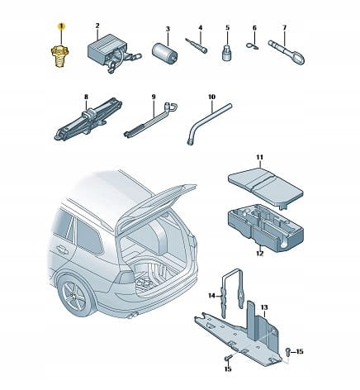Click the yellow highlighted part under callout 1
[59, 56]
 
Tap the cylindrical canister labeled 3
[164, 51]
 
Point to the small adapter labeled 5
[226, 54]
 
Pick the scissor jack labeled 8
[88, 119]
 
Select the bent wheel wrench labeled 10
[209, 123]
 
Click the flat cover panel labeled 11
[266, 188]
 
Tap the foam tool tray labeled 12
[266, 230]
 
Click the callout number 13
[264, 307]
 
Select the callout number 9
[154, 97]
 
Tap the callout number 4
[201, 27]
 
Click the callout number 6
[254, 28]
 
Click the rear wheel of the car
[75, 296]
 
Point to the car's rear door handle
[62, 250]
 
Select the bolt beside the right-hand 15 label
[288, 351]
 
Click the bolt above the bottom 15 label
[228, 358]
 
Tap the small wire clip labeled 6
[252, 45]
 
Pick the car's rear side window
[88, 236]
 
